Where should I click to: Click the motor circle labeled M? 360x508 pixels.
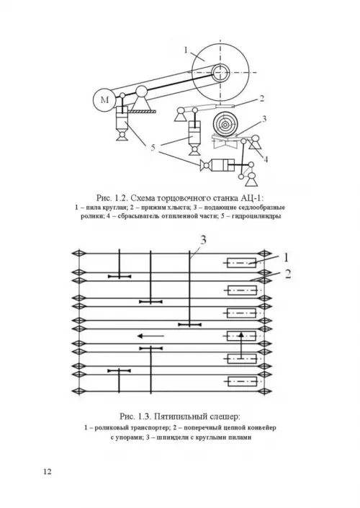coord(105,99)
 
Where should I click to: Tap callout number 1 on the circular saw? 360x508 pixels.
coord(186,50)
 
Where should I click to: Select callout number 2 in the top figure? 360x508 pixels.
coord(261,98)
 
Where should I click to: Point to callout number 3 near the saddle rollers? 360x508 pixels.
coord(264,119)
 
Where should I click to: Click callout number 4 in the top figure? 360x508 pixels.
coord(266,159)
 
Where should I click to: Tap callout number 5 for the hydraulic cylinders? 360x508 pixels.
coord(153,148)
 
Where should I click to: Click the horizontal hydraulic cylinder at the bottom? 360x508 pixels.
coord(218,165)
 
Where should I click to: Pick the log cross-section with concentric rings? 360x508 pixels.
coord(225,124)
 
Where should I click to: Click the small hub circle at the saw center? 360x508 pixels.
coord(221,72)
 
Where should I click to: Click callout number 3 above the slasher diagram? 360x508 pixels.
coord(203,240)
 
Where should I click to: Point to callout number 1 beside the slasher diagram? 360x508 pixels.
coord(286,258)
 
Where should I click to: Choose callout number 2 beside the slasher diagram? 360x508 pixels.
coord(288,274)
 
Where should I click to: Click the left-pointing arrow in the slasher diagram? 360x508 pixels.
coord(151,336)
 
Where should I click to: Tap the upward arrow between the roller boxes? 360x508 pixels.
coord(241,345)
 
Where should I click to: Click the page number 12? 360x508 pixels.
coord(48,471)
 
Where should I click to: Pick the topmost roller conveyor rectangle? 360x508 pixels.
coord(241,263)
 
